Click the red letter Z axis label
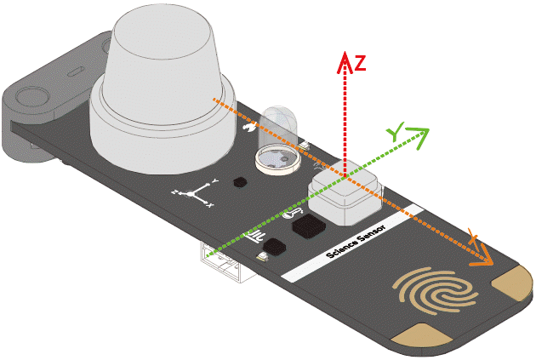tap(360, 63)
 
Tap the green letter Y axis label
tap(395, 134)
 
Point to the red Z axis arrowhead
tap(345, 57)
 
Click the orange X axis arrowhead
tap(486, 256)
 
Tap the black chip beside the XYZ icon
tap(240, 181)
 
